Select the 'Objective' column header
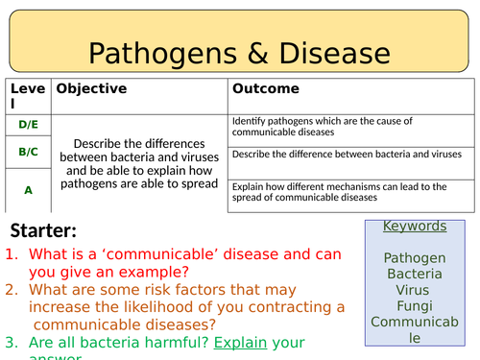pos(91,88)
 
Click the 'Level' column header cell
pos(26,95)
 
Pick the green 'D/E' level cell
pos(28,125)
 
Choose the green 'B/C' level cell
pos(28,152)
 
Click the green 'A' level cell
pos(28,190)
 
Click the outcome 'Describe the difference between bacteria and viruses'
pos(347,154)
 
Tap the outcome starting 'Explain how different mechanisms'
pos(347,192)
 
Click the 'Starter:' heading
pos(43,230)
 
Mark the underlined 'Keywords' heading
pos(415,227)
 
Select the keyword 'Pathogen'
pos(415,257)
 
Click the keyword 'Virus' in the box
pos(415,290)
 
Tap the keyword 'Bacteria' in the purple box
pos(415,274)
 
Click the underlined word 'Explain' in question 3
pos(241,343)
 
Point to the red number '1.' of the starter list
pos(13,255)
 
